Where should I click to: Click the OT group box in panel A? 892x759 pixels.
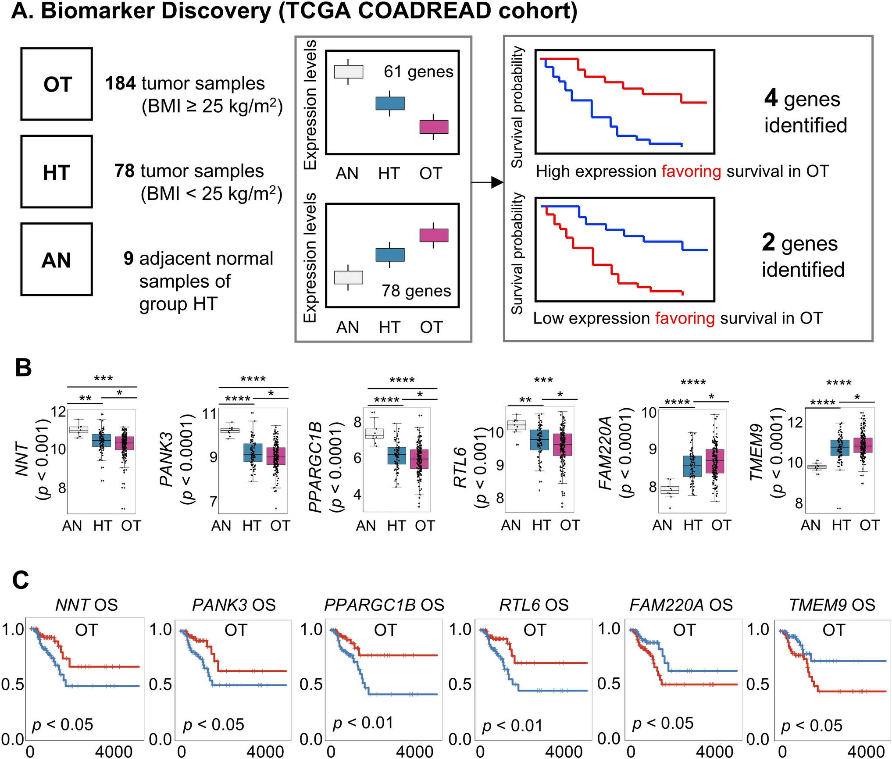[x=57, y=84]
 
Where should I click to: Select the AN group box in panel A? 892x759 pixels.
[x=57, y=260]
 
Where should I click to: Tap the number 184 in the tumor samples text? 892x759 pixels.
[x=120, y=83]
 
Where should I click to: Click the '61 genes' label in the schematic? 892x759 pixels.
[x=418, y=71]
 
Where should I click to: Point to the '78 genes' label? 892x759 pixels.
[x=416, y=291]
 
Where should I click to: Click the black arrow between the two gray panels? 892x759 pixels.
[x=487, y=182]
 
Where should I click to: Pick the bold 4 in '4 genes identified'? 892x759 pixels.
[x=771, y=98]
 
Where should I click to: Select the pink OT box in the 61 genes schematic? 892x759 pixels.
[x=433, y=127]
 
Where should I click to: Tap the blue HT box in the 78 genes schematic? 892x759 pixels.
[x=390, y=255]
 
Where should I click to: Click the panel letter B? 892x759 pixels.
[x=23, y=368]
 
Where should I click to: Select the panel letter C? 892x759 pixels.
[x=21, y=580]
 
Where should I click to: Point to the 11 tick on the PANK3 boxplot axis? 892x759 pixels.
[x=210, y=413]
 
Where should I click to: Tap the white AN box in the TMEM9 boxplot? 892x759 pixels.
[x=817, y=467]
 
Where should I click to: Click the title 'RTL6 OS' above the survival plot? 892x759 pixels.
[x=534, y=605]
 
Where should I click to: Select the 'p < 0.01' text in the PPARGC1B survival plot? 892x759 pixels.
[x=363, y=723]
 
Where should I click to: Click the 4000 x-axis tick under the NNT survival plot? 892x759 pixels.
[x=114, y=752]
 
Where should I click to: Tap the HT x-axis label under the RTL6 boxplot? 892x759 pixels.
[x=541, y=525]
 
